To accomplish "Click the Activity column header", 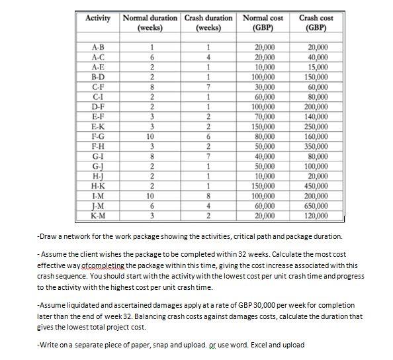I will point(98,18).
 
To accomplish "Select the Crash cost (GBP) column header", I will point(316,23).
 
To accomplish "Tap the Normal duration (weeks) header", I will point(151,23).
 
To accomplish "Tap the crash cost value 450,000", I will point(316,187).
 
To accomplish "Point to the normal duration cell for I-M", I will point(152,196).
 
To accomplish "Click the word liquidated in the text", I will point(83,305).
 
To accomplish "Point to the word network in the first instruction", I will point(75,236).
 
